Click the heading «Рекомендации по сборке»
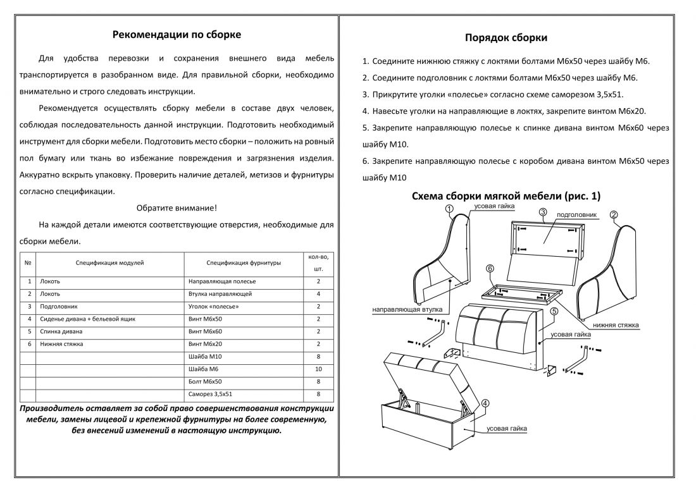point(177,35)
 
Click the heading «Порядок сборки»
point(506,38)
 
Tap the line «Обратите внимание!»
point(177,208)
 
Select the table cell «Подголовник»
point(59,307)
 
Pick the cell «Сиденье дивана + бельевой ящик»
point(87,319)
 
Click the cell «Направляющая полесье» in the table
point(222,281)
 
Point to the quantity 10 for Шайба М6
point(318,369)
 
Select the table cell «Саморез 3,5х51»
point(210,394)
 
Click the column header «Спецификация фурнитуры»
point(244,263)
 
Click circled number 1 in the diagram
point(449,209)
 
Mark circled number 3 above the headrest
point(543,212)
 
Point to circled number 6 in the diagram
point(490,268)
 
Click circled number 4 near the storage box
point(485,403)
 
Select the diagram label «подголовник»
point(576,215)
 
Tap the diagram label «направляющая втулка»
point(407,310)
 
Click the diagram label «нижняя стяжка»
point(616,325)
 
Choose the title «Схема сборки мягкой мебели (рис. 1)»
point(506,196)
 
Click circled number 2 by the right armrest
point(614,215)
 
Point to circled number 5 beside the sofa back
point(554,311)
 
